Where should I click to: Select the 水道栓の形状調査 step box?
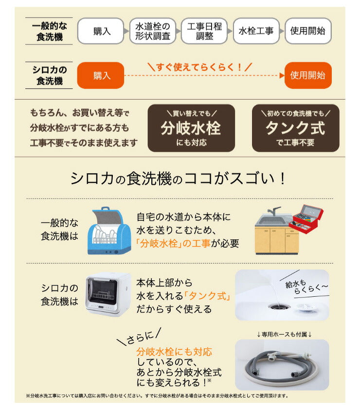point(152,32)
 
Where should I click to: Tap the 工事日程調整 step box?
point(204,32)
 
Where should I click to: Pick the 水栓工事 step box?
point(256,32)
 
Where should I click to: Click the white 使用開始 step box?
point(307,32)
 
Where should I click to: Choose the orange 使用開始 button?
point(307,75)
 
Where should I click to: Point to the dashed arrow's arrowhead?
point(281,76)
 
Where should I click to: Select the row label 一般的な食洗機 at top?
point(50,32)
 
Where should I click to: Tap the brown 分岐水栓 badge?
point(191,128)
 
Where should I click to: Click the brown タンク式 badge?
point(294,128)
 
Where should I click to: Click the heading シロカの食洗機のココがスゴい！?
point(179,179)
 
